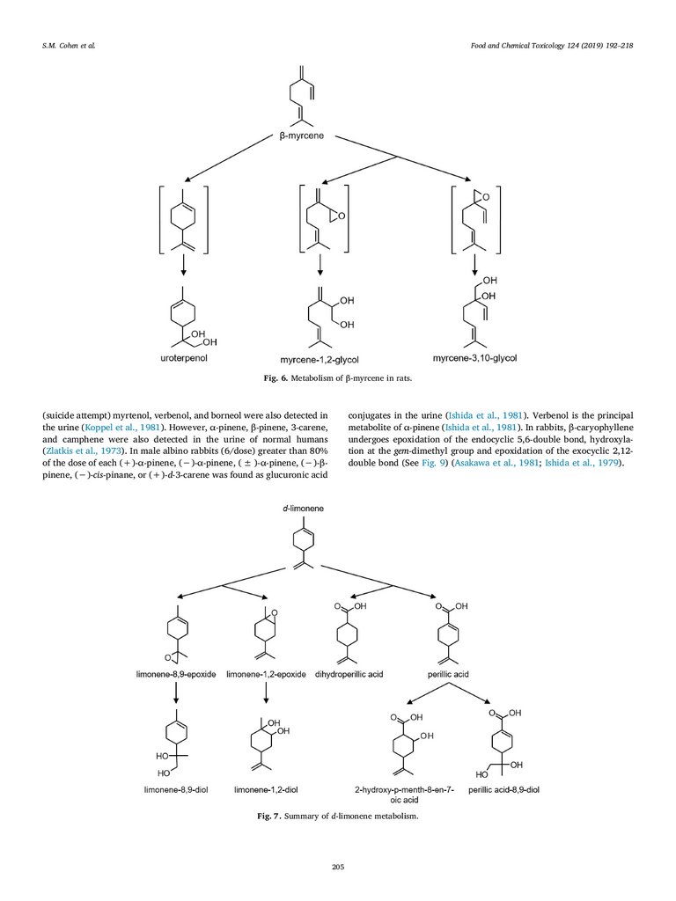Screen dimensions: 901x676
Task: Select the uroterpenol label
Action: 184,360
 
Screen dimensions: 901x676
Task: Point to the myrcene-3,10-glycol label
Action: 474,359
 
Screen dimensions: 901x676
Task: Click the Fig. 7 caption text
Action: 338,817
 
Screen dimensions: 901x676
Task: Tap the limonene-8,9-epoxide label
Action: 175,673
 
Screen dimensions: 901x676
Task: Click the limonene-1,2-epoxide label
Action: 266,673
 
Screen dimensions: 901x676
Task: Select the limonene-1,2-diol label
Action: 265,790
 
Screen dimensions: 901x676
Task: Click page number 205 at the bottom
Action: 338,868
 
